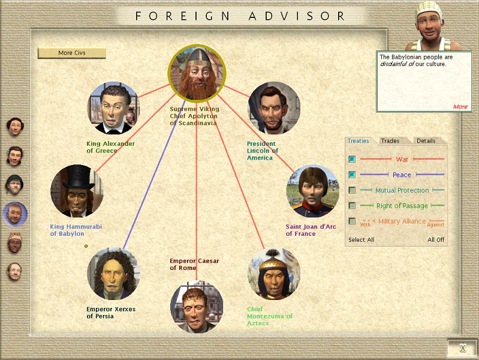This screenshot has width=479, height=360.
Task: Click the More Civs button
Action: [x=72, y=53]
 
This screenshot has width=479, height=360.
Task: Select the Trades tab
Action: [x=390, y=140]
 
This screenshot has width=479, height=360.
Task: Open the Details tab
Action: [x=426, y=140]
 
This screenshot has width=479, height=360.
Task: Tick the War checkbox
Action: [x=352, y=159]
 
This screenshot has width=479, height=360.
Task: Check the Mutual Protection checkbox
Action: [x=352, y=190]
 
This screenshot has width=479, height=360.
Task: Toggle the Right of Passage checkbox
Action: [x=352, y=206]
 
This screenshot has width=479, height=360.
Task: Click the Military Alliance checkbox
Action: [x=352, y=221]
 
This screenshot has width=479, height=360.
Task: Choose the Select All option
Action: [x=361, y=240]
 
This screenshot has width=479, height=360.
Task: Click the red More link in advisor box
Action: [x=460, y=107]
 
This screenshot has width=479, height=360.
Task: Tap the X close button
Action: [x=463, y=348]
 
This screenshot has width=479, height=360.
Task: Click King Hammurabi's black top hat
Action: [x=78, y=178]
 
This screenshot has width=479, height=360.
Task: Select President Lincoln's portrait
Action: [x=275, y=108]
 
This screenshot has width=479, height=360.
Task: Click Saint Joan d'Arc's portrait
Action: [x=312, y=191]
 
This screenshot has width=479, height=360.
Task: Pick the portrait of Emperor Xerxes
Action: [x=113, y=274]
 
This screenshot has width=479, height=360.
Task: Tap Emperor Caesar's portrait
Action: [x=197, y=307]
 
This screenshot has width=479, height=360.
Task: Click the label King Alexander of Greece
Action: [x=110, y=147]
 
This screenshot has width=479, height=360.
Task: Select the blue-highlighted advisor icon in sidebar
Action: [x=15, y=214]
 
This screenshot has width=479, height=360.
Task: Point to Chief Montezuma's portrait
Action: [x=274, y=274]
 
